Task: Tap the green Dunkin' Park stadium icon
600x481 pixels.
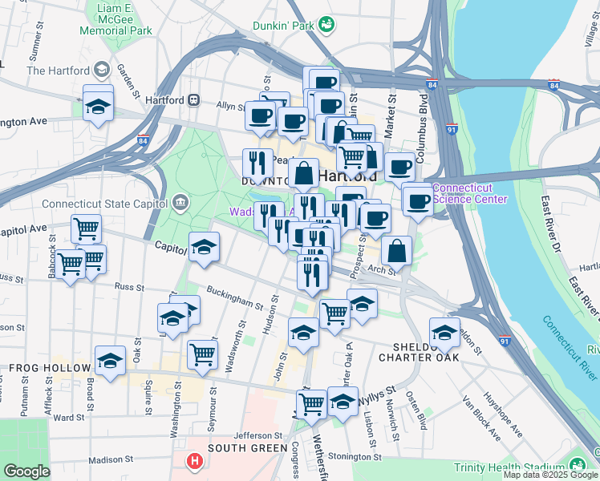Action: (x=326, y=25)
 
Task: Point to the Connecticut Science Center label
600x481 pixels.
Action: (x=471, y=194)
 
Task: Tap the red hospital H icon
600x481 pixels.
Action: (x=193, y=462)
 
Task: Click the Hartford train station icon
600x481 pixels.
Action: (x=193, y=101)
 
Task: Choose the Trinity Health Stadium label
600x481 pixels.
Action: (x=509, y=467)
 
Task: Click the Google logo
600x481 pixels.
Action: (x=26, y=471)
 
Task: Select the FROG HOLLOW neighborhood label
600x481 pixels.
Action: (x=49, y=368)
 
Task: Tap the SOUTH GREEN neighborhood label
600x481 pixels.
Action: (x=247, y=448)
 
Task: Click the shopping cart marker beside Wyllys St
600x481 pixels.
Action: (x=310, y=403)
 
